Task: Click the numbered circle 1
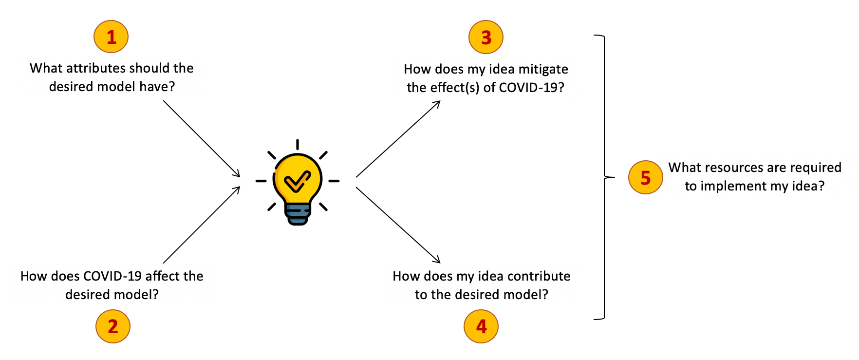point(111,37)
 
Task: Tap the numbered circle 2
point(113,326)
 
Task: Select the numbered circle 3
point(486,37)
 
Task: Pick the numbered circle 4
point(481,326)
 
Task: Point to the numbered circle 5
point(645,177)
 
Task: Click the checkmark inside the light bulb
point(298,182)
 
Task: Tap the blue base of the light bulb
point(298,213)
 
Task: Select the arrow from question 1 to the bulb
point(202,139)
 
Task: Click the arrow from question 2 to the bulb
point(202,225)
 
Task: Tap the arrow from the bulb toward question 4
point(398,225)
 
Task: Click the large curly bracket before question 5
point(604,177)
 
